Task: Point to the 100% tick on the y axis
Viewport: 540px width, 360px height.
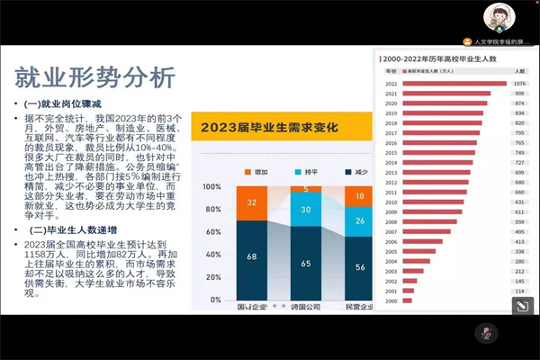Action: click(x=211, y=187)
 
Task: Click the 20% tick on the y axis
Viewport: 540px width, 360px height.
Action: click(x=213, y=285)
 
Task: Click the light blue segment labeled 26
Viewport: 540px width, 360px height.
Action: click(x=360, y=221)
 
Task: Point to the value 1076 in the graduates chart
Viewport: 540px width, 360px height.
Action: click(x=519, y=82)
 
